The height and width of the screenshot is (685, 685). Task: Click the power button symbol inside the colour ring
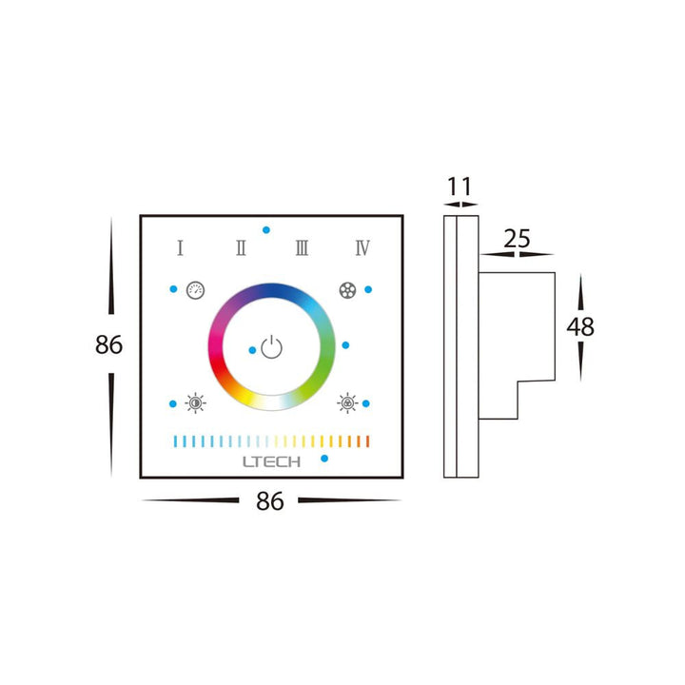pos(272,347)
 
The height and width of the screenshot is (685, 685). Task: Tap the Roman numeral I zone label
pos(180,248)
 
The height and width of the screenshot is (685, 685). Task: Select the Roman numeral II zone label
pos(241,248)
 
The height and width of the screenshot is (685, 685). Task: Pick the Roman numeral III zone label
pos(302,248)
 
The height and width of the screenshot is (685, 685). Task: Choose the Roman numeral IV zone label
pos(362,248)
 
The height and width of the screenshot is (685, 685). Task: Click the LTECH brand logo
pos(271,461)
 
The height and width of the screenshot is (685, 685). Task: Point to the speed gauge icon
pos(195,289)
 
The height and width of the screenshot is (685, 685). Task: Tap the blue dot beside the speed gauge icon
pos(172,289)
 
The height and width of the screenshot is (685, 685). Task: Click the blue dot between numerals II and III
pos(267,230)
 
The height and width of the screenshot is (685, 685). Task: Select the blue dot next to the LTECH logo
pos(325,459)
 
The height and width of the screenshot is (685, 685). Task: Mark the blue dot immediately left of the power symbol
pos(252,350)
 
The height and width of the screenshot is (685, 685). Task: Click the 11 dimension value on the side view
pos(460,186)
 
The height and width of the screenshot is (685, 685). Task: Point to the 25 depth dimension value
pos(517,239)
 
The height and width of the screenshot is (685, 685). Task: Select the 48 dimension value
pos(580,326)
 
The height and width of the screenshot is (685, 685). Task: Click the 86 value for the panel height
pos(109,344)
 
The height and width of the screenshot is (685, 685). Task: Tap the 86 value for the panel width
pos(270,501)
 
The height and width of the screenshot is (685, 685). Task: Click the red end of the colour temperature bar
pos(366,441)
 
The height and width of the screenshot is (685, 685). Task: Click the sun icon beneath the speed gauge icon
pos(195,403)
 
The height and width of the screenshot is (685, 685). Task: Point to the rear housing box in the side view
pos(514,342)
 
